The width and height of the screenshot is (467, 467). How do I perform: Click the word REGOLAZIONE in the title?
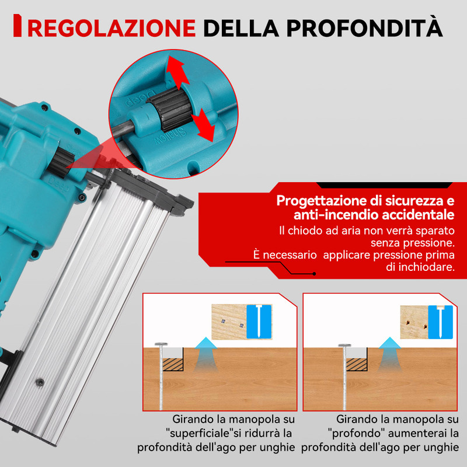[x=111, y=28]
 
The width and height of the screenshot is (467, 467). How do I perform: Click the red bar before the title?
[x=18, y=26]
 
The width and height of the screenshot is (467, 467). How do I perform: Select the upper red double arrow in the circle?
[x=178, y=72]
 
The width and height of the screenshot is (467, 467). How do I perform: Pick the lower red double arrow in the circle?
[x=203, y=125]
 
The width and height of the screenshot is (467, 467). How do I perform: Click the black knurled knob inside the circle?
[x=170, y=109]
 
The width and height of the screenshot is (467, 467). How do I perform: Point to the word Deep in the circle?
[x=140, y=97]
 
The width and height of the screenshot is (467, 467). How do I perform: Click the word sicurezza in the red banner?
[x=416, y=201]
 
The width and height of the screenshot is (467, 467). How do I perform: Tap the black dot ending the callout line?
[x=314, y=274]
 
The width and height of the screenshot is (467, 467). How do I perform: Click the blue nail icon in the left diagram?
[x=259, y=322]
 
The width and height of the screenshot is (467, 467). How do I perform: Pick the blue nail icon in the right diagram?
[x=441, y=322]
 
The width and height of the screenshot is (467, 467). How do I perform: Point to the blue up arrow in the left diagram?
[x=205, y=354]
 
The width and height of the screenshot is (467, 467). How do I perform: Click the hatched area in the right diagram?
[x=357, y=364]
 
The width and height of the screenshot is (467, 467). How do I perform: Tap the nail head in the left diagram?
[x=161, y=344]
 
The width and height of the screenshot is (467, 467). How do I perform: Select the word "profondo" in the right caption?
[x=356, y=433]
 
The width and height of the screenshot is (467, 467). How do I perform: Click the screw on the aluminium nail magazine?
[x=40, y=382]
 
